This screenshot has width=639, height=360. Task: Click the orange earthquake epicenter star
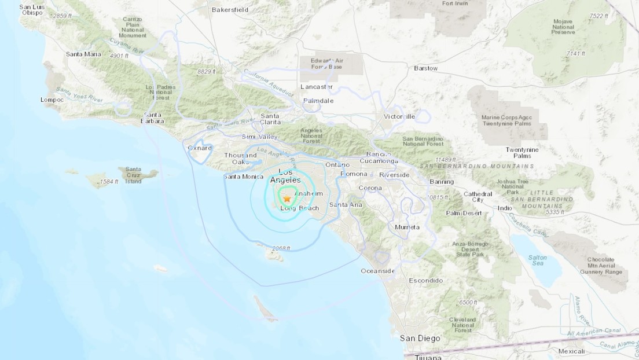(x=287, y=199)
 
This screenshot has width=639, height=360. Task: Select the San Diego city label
(x=420, y=337)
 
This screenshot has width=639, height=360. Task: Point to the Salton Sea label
(x=537, y=259)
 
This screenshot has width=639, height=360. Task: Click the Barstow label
(x=425, y=68)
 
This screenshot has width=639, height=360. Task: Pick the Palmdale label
(x=318, y=100)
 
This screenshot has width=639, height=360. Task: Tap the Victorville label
(x=399, y=116)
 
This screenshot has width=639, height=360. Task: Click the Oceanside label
(x=377, y=271)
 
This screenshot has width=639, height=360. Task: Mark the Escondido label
(x=425, y=281)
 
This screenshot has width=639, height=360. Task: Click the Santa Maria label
(x=83, y=54)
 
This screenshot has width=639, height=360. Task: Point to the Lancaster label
(x=317, y=87)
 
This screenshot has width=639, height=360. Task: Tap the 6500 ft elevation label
(x=468, y=302)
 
